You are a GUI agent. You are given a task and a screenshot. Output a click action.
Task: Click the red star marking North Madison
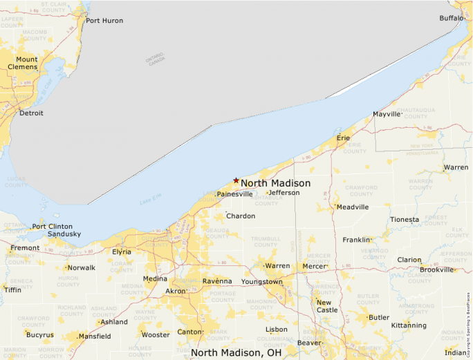(236, 180)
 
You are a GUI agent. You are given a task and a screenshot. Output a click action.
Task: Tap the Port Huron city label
(104, 21)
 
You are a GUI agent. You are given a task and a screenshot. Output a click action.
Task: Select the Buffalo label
(452, 18)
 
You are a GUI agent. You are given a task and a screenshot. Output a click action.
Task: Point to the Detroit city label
(31, 113)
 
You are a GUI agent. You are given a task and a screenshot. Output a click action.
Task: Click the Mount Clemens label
(23, 63)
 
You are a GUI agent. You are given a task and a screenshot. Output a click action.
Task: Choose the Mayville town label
(387, 114)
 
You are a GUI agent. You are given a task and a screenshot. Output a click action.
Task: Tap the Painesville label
(234, 194)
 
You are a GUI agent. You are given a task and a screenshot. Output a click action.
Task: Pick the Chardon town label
(241, 216)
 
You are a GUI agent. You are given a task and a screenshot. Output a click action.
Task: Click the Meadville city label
(352, 207)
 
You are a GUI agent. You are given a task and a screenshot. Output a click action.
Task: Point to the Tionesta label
(405, 220)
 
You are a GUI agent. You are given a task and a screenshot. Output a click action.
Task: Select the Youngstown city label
(261, 282)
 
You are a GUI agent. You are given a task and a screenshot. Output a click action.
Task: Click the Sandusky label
(64, 234)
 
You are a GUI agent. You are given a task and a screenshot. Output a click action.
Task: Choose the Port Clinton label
(52, 226)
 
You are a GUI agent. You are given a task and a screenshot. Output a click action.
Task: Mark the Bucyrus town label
(39, 335)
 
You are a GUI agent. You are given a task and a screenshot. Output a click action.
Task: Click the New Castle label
(327, 306)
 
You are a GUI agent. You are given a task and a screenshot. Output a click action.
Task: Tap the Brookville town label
(447, 269)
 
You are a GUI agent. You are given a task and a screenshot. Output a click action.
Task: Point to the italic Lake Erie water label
(149, 202)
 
